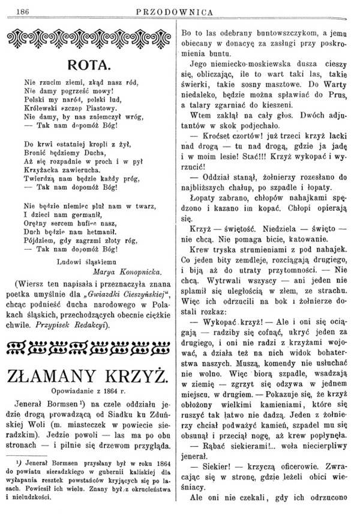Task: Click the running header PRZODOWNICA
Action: [180, 10]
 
